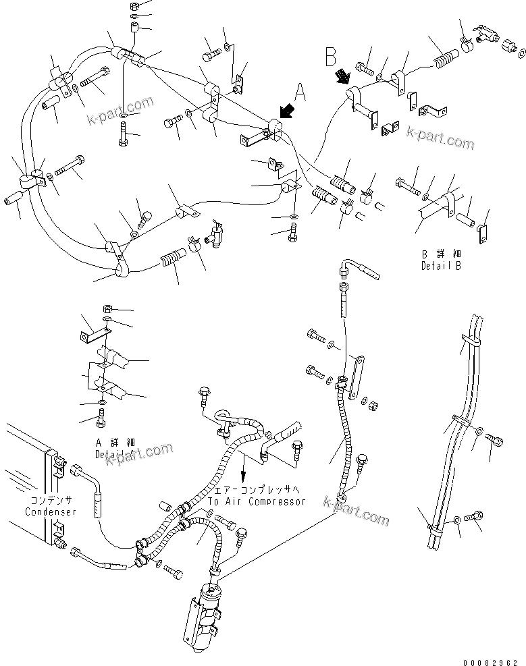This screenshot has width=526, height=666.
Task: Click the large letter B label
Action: tap(331, 56)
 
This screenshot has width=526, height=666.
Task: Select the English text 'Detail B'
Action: tap(442, 265)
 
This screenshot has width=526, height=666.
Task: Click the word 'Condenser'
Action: tap(51, 511)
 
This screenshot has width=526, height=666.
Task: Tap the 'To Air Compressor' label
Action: tap(256, 501)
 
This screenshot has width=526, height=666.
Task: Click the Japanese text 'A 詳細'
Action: tap(115, 442)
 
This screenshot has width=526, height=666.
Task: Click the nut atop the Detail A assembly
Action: tap(107, 308)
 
